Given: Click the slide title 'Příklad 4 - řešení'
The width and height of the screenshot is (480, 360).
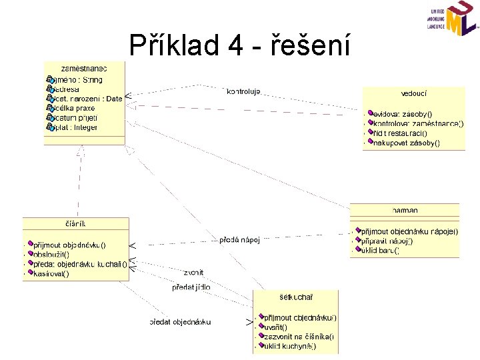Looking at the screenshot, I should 238,45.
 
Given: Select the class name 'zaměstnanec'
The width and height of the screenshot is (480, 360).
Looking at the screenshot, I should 84,68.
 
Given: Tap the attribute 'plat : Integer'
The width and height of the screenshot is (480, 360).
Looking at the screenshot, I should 75,127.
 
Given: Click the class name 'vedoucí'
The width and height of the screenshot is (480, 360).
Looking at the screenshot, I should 415,95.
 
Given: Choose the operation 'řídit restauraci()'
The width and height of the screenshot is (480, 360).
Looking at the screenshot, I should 400,133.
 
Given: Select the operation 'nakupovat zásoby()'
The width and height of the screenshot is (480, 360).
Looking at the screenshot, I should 406,142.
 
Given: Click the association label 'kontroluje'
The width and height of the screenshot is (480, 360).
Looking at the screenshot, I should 244,91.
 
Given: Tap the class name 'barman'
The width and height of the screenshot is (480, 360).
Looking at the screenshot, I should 405,210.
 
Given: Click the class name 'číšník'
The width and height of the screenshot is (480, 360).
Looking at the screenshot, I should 75,223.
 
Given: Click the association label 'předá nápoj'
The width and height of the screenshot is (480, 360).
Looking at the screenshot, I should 239,240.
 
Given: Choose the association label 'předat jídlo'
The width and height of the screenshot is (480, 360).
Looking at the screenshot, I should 191,287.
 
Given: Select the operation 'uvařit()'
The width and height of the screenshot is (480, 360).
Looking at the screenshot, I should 276,327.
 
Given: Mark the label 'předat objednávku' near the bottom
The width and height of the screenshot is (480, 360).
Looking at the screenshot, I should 181,322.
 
